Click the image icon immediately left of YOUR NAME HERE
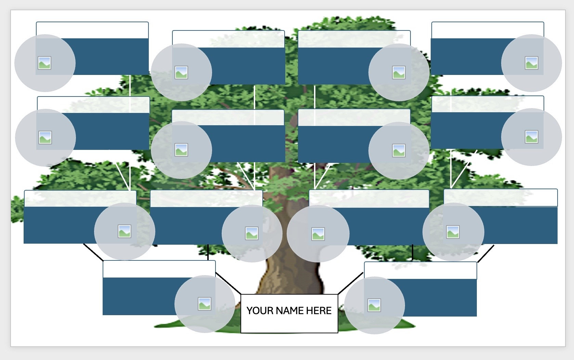click(205, 304)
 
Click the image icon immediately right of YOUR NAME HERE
click(374, 305)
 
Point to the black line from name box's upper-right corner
click(350, 283)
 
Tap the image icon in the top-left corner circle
click(44, 63)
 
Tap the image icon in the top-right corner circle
click(531, 63)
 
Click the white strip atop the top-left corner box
click(92, 30)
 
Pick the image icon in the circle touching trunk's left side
click(252, 233)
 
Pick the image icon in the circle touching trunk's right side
click(318, 234)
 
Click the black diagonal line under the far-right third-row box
click(486, 254)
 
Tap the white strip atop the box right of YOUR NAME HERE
click(420, 270)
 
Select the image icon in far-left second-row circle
click(45, 138)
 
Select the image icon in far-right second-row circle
click(531, 137)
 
